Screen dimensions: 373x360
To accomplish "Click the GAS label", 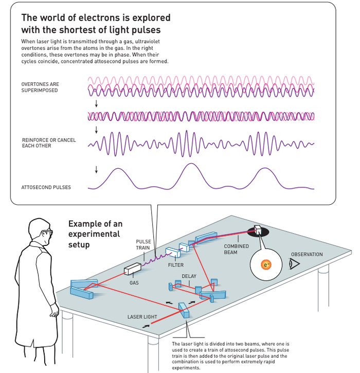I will coord(134,282).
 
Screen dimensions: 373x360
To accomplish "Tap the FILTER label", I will coord(175,265).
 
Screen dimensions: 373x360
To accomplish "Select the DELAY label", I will coord(189,276).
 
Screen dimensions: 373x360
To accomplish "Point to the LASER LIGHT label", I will coord(142,317).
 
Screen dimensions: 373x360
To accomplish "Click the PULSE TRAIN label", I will coord(143,244).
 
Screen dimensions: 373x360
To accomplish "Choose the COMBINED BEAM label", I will coord(237,249).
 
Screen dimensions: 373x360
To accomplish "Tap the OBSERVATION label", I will coord(307,254).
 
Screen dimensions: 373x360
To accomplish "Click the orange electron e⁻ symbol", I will coord(266,265).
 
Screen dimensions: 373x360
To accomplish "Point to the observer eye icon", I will coord(294,264).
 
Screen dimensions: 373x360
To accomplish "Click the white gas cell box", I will coord(133,268).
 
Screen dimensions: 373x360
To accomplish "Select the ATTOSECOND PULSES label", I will coord(46,187).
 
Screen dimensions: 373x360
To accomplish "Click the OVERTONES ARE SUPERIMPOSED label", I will coord(40,87).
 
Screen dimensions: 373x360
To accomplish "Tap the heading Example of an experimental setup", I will coord(96,234).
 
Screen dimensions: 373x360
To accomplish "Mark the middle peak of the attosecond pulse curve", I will coord(189,165).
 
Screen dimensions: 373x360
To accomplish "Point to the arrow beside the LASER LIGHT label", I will coord(148,326).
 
